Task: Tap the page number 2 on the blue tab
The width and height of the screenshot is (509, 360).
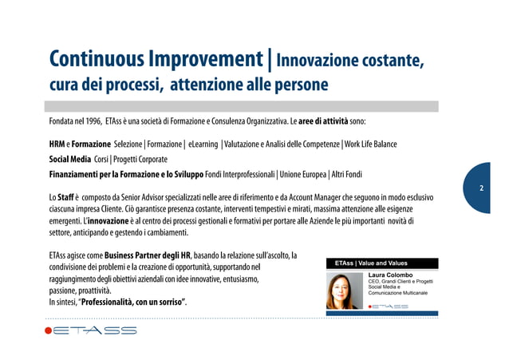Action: click(481, 188)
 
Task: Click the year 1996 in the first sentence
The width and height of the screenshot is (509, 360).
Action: click(89, 122)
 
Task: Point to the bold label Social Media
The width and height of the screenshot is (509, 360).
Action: click(68, 159)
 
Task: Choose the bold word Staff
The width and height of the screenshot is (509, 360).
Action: click(68, 196)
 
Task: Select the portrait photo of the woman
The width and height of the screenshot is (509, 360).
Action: click(344, 290)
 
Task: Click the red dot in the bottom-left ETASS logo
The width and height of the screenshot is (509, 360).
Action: click(49, 331)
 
